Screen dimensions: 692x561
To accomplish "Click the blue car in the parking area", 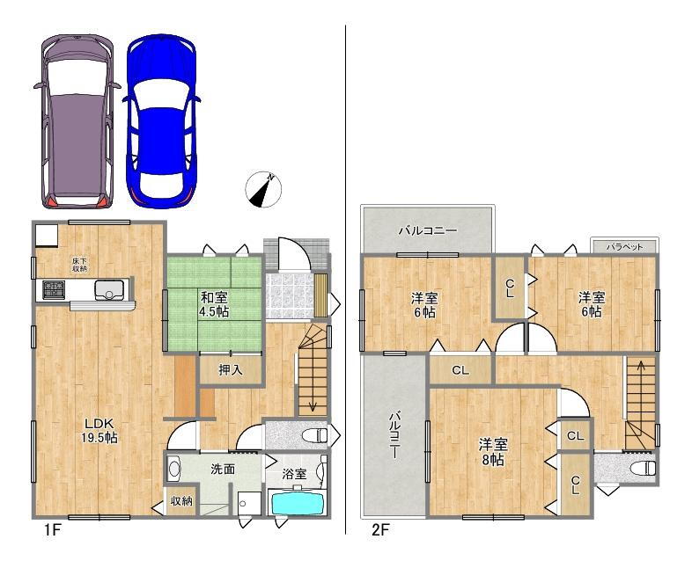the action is pyautogui.click(x=161, y=120).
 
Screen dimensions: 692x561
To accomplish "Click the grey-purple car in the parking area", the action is pyautogui.click(x=77, y=120).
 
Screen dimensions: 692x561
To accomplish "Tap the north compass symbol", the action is pyautogui.click(x=263, y=189).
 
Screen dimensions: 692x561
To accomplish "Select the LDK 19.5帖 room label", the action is pyautogui.click(x=99, y=431).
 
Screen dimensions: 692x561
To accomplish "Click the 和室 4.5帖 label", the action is pyautogui.click(x=214, y=304).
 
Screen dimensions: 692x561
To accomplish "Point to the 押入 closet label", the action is pyautogui.click(x=231, y=370).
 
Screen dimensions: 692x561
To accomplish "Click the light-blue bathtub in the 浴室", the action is pyautogui.click(x=298, y=503).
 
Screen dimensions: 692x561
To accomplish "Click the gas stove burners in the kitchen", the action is pyautogui.click(x=54, y=288).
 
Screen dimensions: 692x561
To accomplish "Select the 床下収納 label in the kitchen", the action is pyautogui.click(x=79, y=265).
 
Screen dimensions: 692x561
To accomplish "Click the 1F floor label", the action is pyautogui.click(x=51, y=529).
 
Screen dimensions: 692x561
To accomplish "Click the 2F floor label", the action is pyautogui.click(x=380, y=529).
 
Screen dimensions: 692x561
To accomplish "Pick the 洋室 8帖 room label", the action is pyautogui.click(x=493, y=452).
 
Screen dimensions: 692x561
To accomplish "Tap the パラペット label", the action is pyautogui.click(x=624, y=247).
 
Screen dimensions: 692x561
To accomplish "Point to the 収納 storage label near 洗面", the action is pyautogui.click(x=181, y=500).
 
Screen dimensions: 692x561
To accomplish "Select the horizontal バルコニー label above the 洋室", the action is pyautogui.click(x=428, y=230).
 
